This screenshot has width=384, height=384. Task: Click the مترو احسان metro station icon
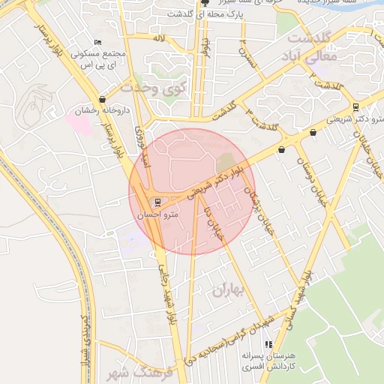point(157,202)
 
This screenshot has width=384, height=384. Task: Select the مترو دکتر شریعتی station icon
point(355,106)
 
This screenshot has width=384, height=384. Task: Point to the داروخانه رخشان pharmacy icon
point(102,99)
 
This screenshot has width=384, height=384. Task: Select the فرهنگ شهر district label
point(149,373)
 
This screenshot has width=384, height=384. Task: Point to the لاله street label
point(158,37)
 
